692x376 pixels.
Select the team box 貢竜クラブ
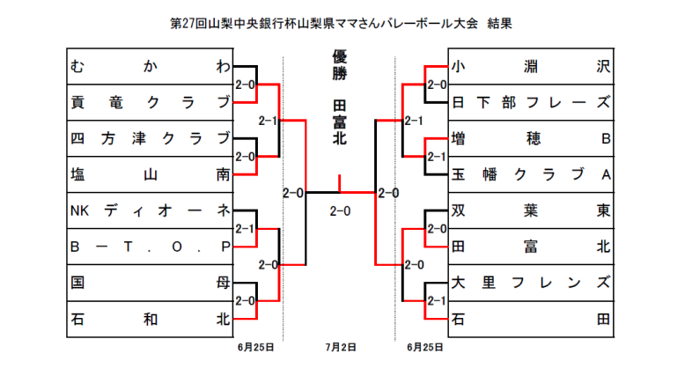[150, 103]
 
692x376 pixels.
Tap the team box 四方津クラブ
[150, 139]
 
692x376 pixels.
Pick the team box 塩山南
[150, 175]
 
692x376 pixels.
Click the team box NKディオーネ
[150, 211]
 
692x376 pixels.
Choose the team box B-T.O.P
[150, 247]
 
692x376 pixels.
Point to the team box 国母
[150, 284]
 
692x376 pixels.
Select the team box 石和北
[150, 320]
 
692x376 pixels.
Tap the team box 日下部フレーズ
[531, 103]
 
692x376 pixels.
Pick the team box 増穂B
[531, 139]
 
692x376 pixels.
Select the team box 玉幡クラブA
[531, 175]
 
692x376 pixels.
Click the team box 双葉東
[531, 211]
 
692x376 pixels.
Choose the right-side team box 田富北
[531, 247]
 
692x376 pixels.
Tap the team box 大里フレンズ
[531, 284]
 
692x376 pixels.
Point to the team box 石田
[531, 320]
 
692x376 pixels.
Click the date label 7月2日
[341, 348]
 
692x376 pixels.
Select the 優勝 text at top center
[340, 67]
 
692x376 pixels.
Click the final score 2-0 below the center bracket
[340, 211]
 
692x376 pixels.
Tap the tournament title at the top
[341, 23]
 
